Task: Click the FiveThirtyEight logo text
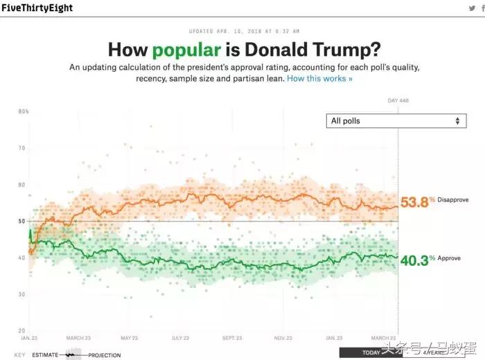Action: tap(37, 8)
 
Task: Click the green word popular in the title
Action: tap(187, 51)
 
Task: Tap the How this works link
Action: tap(319, 79)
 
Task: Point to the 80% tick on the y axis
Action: tap(23, 111)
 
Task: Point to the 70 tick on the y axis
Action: tap(21, 148)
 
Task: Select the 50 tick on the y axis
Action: tap(21, 222)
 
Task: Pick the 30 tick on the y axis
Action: tap(21, 294)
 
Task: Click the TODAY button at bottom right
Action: tap(371, 352)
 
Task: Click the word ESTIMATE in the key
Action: tap(45, 355)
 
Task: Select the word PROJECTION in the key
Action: tap(104, 355)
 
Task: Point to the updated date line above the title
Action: tap(242, 31)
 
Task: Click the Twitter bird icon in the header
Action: tap(471, 8)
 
